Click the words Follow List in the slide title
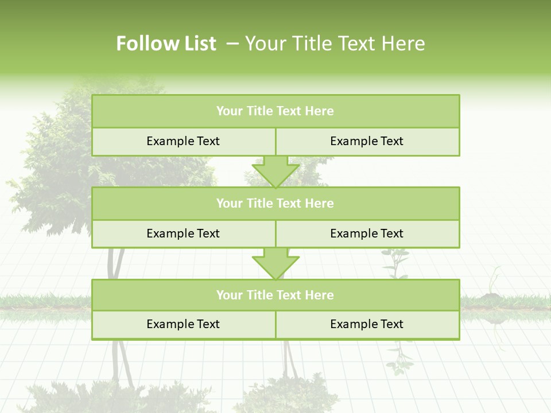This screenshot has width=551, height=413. tap(166, 44)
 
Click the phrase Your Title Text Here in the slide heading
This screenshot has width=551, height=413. tap(335, 44)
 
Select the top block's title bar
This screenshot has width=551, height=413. tap(275, 111)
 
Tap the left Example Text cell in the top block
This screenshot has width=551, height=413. tap(183, 142)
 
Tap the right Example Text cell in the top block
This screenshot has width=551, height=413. tap(367, 142)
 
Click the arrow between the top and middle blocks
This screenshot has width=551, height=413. tap(275, 172)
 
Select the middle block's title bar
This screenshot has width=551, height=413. tap(275, 204)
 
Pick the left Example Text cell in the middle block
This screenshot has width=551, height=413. tap(183, 234)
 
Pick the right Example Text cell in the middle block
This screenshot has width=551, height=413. tap(367, 234)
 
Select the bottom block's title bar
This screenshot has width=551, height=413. tap(275, 295)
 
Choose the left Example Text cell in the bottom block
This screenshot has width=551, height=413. tap(183, 325)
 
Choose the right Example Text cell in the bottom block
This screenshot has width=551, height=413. tap(367, 325)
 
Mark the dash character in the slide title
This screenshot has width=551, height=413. tap(233, 44)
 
